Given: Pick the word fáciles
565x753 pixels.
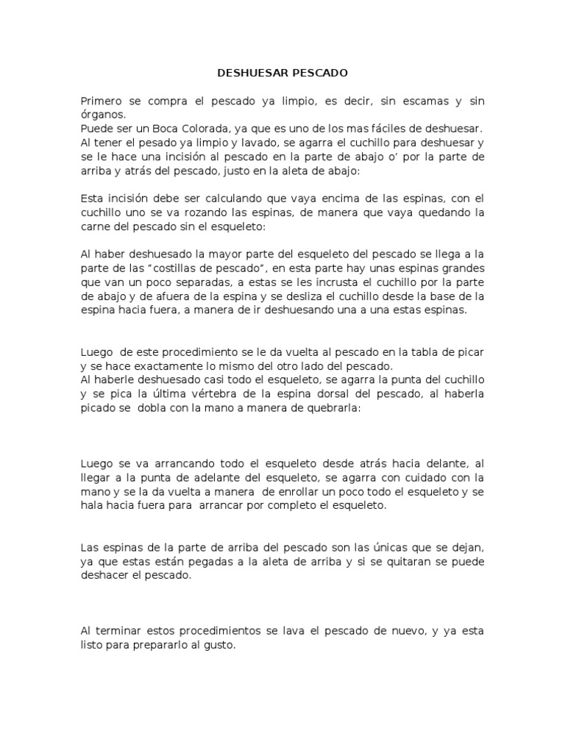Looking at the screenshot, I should [372, 128].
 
